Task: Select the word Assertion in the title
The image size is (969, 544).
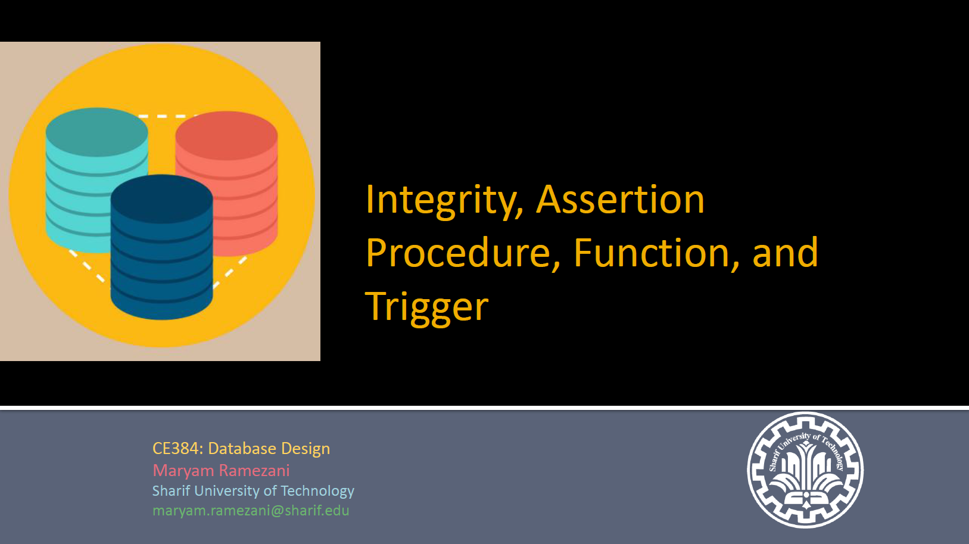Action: [x=621, y=200]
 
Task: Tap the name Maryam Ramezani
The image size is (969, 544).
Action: [x=221, y=471]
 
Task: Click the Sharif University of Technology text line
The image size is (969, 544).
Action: [x=253, y=491]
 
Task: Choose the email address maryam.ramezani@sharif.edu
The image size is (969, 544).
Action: [x=251, y=511]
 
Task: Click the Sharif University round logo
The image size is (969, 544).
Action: [x=805, y=470]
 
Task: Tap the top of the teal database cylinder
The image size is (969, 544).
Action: [x=97, y=132]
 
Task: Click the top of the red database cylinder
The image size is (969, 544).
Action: [x=227, y=135]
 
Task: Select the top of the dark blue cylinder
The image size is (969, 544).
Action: [x=162, y=199]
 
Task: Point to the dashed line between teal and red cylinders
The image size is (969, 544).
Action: [x=167, y=116]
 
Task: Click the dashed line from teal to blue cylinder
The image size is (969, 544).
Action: [x=87, y=266]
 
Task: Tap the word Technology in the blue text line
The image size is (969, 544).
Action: [x=317, y=491]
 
